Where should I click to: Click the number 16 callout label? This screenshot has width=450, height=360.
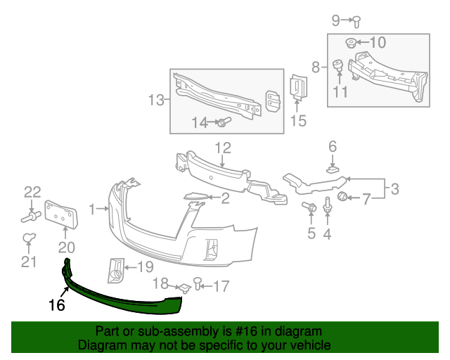coord(56,306)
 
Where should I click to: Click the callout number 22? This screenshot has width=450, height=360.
coord(32,191)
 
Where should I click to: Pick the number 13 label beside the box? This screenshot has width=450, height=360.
coord(155,101)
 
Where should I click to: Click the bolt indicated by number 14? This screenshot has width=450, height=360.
coord(223,123)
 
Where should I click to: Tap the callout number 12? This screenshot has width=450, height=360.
coord(222,148)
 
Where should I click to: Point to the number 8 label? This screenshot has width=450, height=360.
coord(316,67)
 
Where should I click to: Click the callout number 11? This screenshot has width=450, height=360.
coord(340,91)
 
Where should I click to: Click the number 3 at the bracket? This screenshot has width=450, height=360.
coord(394,188)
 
